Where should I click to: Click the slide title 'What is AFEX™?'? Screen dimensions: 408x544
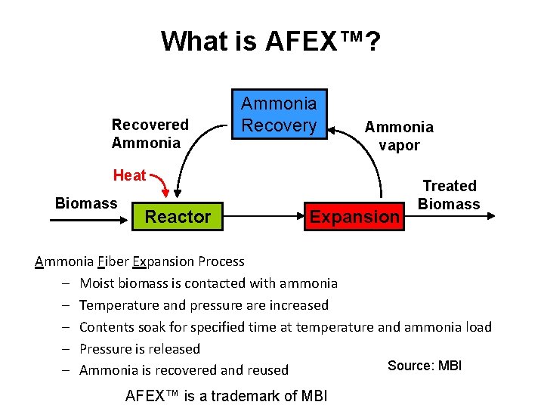pos(270,41)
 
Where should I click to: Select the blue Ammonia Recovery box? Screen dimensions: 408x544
pos(279,114)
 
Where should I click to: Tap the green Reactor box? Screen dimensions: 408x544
pos(178,217)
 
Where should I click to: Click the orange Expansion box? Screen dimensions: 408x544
pos(354,217)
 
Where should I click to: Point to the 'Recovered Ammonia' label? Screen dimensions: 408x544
pos(150,134)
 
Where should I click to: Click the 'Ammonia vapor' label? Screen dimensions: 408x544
pos(399,136)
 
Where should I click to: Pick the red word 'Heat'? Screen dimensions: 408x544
pos(129,175)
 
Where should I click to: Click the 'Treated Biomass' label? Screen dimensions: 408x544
pos(449,195)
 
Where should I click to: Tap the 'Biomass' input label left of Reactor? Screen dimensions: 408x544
pos(86,203)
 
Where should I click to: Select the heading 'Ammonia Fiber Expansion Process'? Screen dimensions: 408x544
pos(140,261)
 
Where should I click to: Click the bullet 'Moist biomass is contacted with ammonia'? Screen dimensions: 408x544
pos(209,283)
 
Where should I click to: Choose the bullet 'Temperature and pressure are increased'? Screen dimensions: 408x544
pos(204,305)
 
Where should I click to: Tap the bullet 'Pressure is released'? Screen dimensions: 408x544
pos(140,349)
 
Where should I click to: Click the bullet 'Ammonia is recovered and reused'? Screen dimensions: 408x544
pos(184,370)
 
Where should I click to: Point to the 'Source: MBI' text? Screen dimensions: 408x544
pos(424,366)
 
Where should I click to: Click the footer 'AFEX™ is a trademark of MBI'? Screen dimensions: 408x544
pos(226,395)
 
